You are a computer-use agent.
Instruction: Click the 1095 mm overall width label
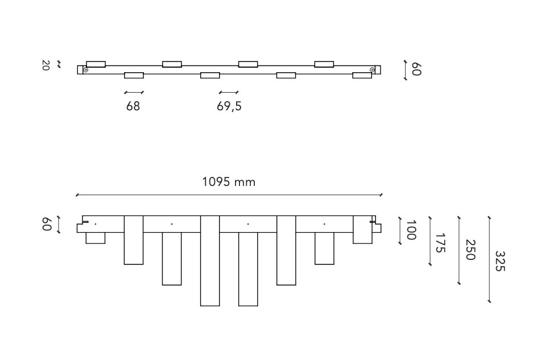(x=229, y=182)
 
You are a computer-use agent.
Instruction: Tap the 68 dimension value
(x=133, y=106)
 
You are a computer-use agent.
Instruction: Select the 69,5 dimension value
(x=229, y=106)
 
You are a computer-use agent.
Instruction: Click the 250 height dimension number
(x=470, y=250)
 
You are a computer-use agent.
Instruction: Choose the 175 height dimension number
(x=440, y=243)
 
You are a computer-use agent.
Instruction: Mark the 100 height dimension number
(x=411, y=230)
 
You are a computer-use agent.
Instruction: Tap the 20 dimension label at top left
(x=46, y=65)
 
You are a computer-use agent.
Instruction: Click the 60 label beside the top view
(x=416, y=69)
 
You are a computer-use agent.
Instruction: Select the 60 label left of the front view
(x=47, y=225)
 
